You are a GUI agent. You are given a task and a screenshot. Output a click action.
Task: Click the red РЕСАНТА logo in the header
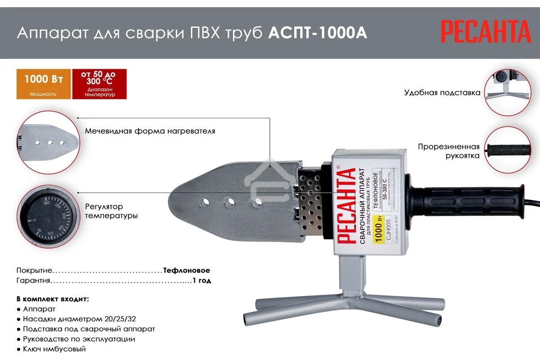486,33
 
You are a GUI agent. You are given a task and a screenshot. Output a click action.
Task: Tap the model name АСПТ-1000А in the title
317,34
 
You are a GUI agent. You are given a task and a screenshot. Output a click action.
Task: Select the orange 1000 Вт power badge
44,84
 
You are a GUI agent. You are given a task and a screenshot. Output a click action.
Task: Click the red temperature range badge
99,84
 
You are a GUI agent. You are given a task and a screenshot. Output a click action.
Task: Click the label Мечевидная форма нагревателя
150,131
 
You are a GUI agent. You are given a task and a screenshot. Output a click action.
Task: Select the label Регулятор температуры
111,211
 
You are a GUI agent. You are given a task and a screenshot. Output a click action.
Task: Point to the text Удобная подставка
442,93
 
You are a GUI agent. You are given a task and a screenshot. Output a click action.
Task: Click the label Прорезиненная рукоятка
448,151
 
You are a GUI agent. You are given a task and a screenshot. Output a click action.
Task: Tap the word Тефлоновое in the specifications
187,270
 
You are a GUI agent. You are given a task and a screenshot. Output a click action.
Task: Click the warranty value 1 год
202,280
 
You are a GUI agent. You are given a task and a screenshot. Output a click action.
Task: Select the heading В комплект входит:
53,299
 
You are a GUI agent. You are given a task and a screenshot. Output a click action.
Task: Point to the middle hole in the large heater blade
230,202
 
